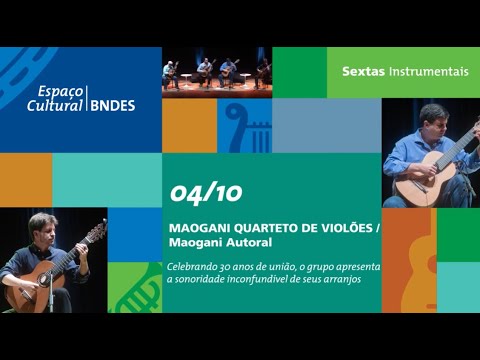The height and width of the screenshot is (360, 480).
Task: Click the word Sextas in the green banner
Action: tap(363, 72)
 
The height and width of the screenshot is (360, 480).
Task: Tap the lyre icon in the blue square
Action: tap(243, 124)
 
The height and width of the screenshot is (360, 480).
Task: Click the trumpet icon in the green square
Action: tap(135, 290)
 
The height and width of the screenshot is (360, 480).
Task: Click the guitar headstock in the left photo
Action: tap(97, 231)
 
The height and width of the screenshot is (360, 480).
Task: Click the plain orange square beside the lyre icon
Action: tap(189, 125)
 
